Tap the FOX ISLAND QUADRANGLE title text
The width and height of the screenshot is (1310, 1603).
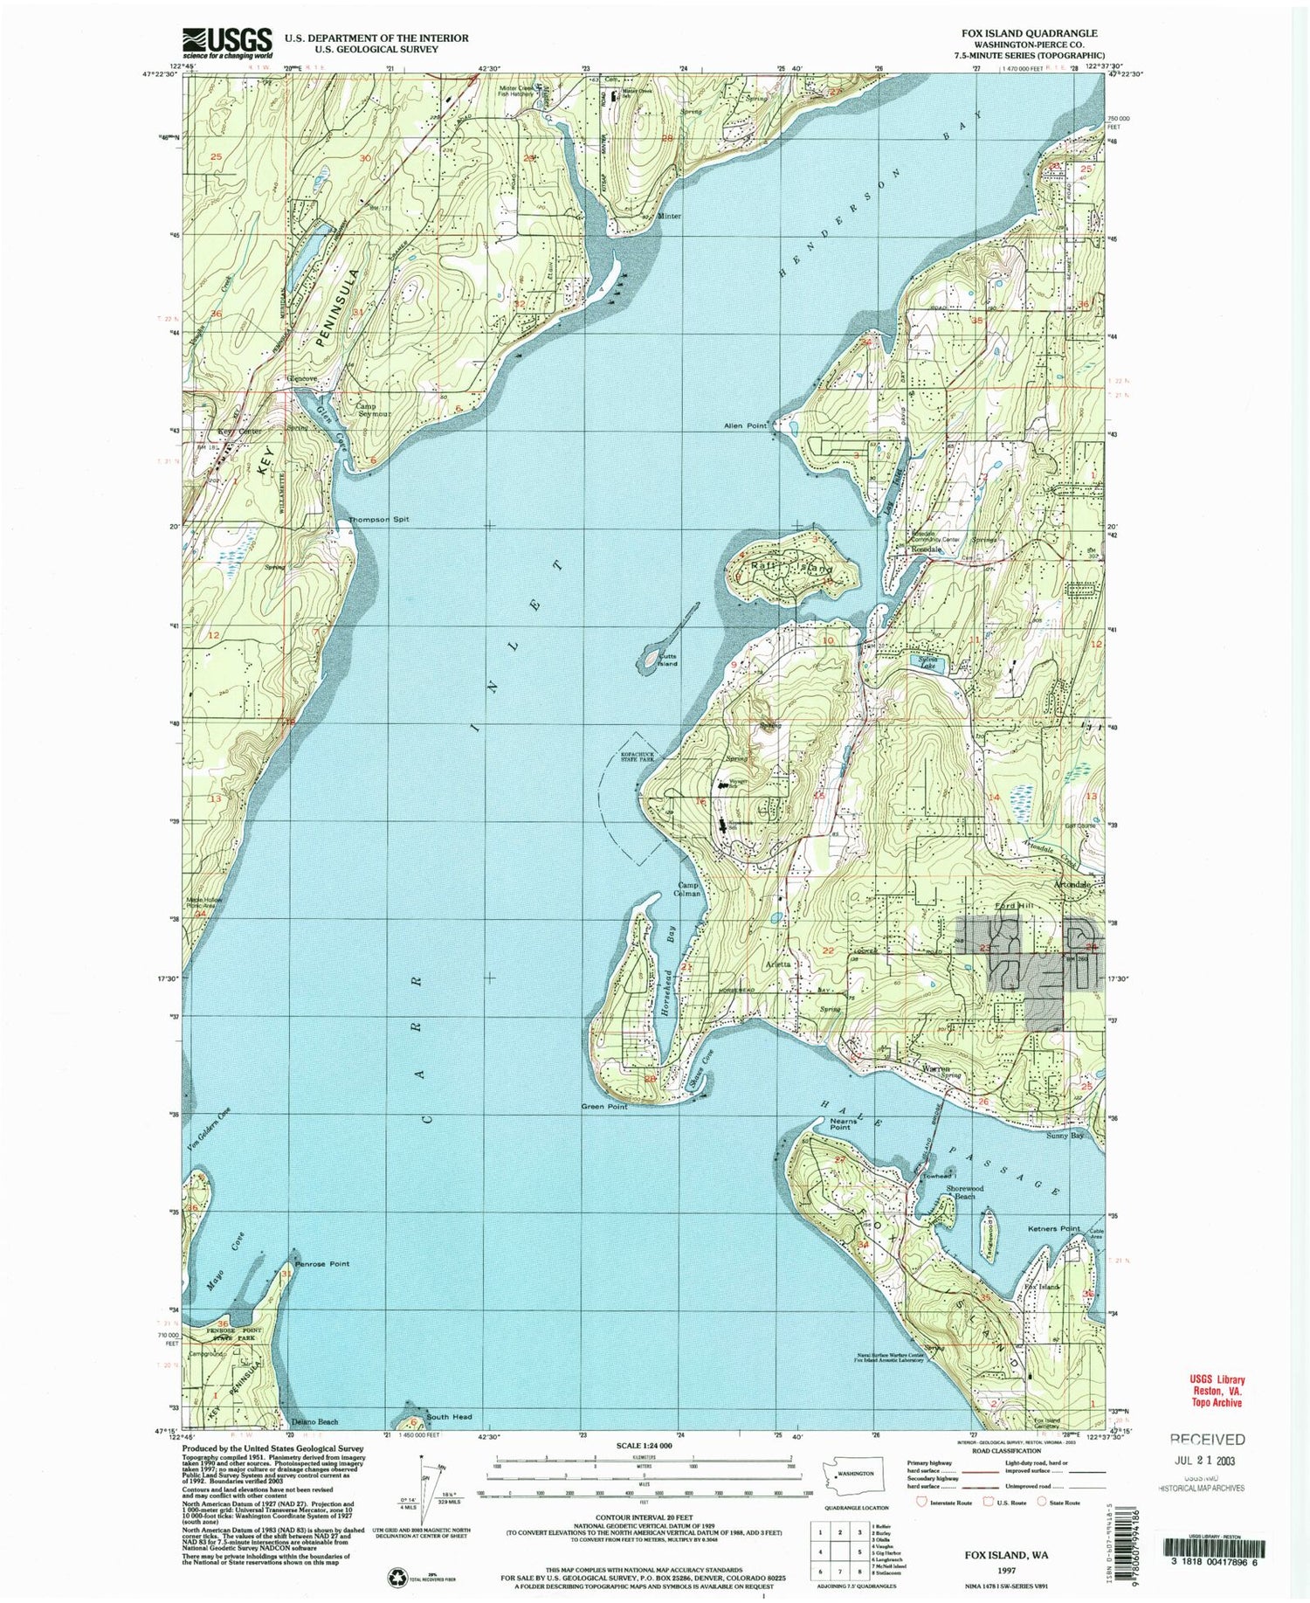(1030, 32)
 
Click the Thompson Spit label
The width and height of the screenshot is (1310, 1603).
(378, 519)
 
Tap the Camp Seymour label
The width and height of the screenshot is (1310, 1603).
(373, 410)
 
